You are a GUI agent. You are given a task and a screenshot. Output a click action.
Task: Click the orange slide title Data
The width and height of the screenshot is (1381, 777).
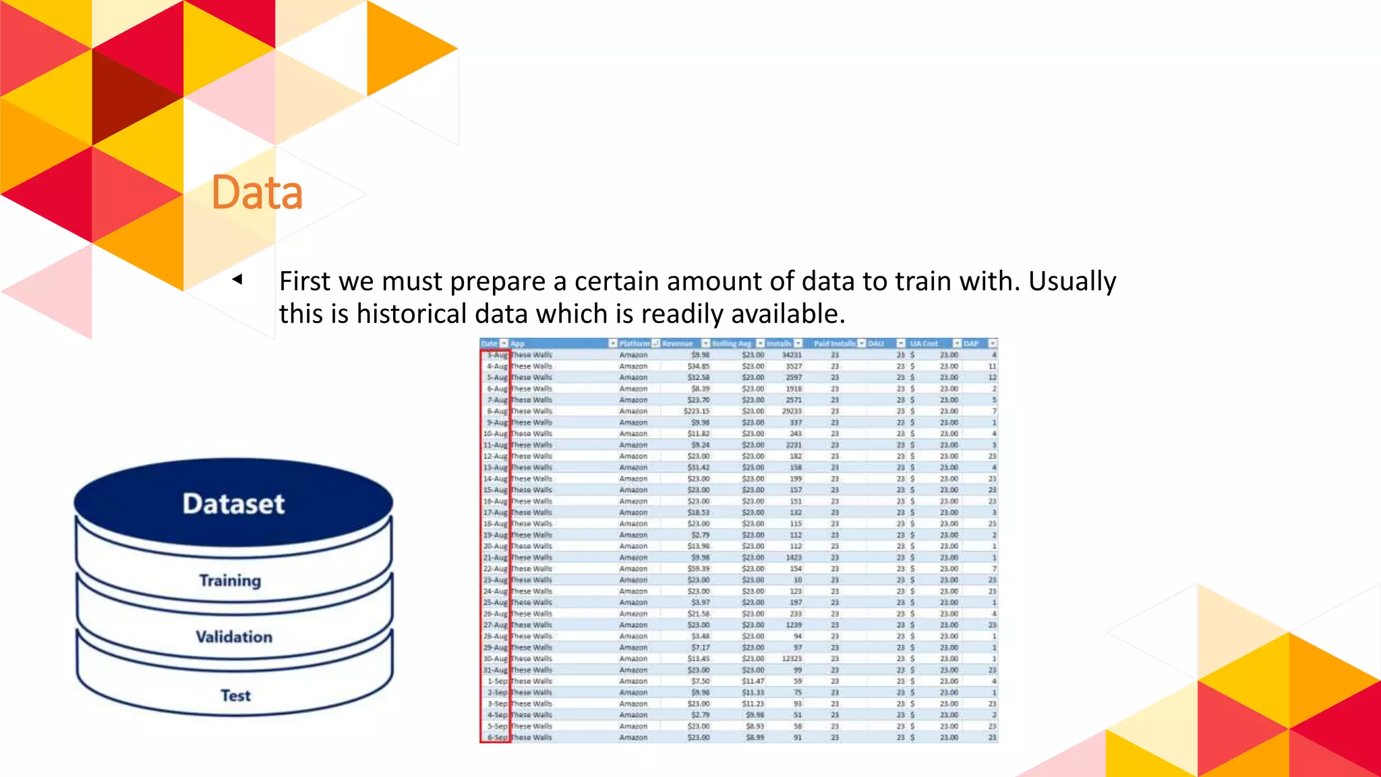point(257,193)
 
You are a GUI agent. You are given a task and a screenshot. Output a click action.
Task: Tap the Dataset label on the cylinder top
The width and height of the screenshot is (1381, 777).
point(233,504)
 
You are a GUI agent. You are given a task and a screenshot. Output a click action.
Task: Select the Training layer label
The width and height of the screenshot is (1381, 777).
point(230,581)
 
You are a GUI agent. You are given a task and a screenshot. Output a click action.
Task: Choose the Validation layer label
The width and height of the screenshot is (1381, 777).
point(234,637)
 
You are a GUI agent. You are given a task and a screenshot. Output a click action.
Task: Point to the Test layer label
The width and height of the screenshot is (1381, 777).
point(235,695)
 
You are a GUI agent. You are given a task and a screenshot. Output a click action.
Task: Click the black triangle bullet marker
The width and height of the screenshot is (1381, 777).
point(237,279)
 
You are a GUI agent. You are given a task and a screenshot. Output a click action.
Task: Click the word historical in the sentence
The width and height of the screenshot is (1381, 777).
point(411,314)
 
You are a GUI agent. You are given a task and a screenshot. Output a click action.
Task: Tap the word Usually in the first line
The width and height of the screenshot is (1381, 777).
point(1072,281)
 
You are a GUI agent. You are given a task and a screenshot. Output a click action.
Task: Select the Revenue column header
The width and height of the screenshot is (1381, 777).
point(678,343)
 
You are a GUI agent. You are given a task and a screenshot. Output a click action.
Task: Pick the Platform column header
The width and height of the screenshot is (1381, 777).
point(634,343)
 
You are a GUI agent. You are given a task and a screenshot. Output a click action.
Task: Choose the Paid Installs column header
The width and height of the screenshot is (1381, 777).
point(834,343)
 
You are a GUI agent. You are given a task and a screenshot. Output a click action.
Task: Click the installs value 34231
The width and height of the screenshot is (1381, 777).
point(792,355)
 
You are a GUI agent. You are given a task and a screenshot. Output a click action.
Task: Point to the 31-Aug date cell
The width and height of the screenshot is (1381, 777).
point(496,670)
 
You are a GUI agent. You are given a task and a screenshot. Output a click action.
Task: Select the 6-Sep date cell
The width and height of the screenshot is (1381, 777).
point(497,737)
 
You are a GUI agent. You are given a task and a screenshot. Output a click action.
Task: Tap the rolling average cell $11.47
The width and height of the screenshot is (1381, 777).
point(753,681)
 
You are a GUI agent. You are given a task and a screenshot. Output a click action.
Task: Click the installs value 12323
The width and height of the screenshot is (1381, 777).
point(792,658)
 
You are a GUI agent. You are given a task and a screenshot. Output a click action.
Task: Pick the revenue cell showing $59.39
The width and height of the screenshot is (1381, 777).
point(698,569)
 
